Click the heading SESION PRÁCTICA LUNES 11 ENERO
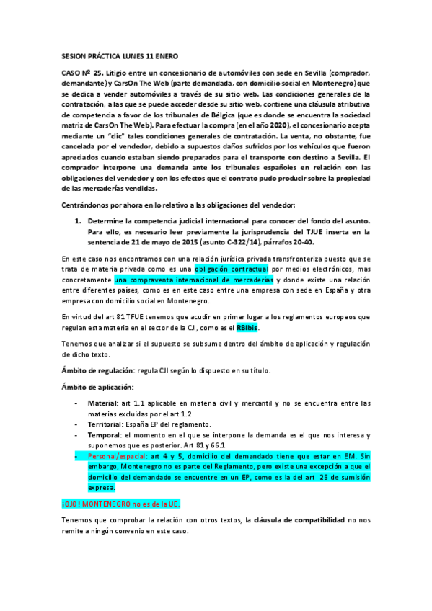tap(116, 55)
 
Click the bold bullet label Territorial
tap(106, 424)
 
